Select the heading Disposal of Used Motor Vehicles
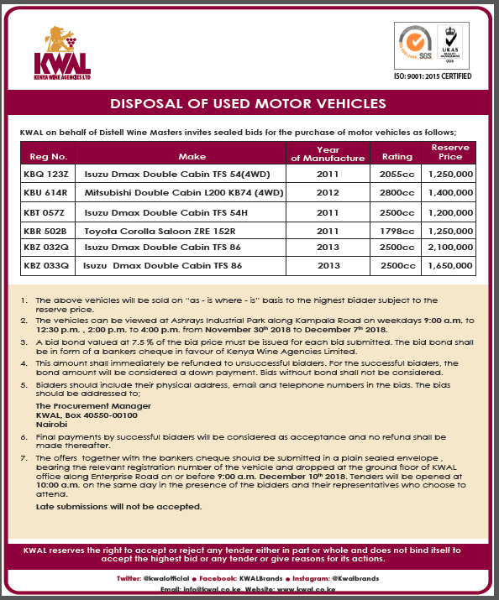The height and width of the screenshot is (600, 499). pyautogui.click(x=249, y=104)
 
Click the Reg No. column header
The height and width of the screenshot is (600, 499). pyautogui.click(x=48, y=156)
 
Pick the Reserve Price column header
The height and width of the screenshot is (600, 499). pyautogui.click(x=450, y=152)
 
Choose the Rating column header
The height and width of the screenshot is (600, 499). pyautogui.click(x=397, y=156)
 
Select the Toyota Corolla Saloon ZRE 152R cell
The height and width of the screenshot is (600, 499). pyautogui.click(x=155, y=229)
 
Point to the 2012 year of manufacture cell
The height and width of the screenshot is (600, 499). pyautogui.click(x=328, y=192)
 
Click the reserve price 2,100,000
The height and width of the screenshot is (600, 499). pyautogui.click(x=450, y=247)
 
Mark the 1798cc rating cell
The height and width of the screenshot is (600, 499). pyautogui.click(x=397, y=229)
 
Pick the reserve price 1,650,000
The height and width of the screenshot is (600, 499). pyautogui.click(x=450, y=265)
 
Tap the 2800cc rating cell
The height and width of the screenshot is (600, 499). pyautogui.click(x=397, y=192)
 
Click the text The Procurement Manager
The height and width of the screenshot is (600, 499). pyautogui.click(x=81, y=404)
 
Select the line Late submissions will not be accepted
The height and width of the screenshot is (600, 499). pyautogui.click(x=118, y=506)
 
